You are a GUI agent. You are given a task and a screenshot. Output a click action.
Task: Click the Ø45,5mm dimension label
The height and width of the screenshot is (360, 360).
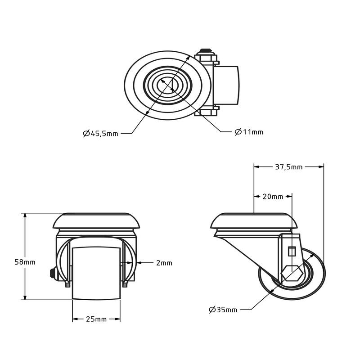[100, 133]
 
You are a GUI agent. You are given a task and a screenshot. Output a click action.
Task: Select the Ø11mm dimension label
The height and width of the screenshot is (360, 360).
[249, 132]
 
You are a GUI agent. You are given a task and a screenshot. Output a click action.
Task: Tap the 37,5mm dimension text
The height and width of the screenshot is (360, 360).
[288, 167]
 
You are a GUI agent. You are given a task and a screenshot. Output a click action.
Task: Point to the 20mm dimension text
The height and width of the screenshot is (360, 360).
[273, 197]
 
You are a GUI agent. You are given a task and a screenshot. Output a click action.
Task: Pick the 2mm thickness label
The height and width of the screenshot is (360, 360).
[164, 263]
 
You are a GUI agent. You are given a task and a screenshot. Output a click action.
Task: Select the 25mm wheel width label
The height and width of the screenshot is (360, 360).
[96, 319]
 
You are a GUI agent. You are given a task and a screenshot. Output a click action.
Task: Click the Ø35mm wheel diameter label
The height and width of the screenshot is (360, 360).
[223, 310]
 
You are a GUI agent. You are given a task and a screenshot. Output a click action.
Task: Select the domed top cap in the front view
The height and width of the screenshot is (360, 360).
[96, 220]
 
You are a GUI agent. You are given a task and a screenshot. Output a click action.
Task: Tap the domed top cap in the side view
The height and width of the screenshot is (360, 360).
[255, 220]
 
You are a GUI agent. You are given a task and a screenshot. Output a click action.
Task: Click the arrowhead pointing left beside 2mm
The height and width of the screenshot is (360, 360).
[138, 263]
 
